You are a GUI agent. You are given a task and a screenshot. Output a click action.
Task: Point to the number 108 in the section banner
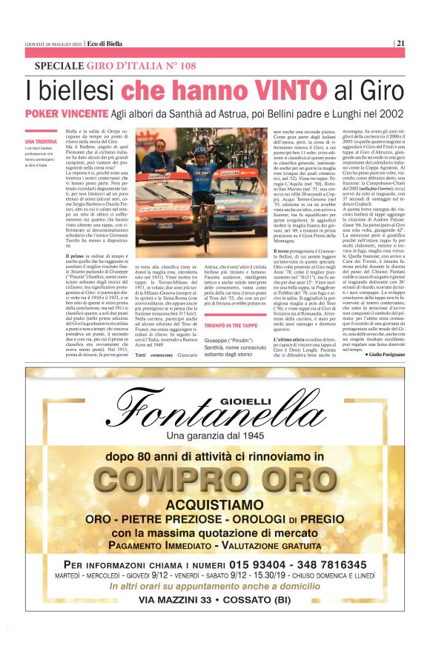point(185,67)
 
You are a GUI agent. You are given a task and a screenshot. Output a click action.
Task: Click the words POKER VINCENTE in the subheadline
point(66,113)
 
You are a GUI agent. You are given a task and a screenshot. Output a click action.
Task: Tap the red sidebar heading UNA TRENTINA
point(40,141)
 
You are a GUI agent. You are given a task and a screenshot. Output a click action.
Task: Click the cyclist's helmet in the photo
point(182,149)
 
